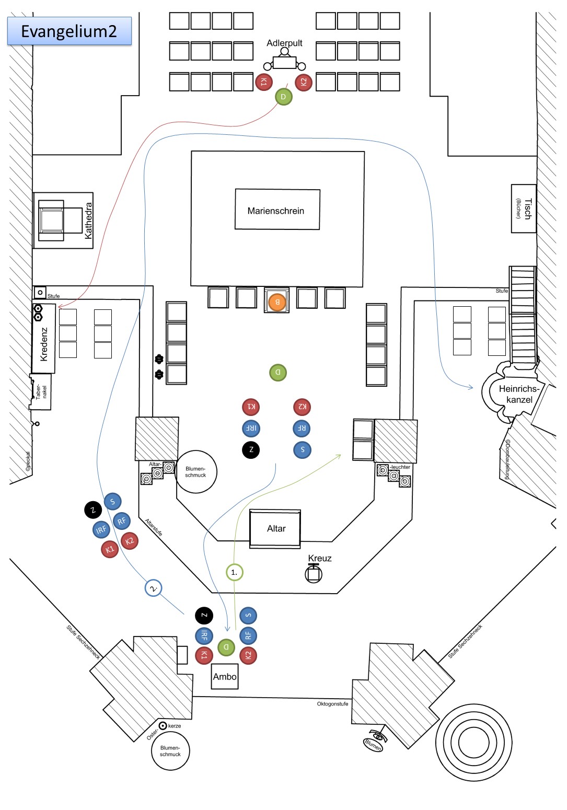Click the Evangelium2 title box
(x=69, y=31)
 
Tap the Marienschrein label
(x=276, y=211)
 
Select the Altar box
(x=276, y=529)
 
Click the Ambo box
(x=225, y=677)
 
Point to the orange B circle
(x=277, y=302)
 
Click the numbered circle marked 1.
(x=234, y=572)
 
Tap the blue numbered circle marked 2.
(x=153, y=588)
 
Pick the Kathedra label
(x=88, y=221)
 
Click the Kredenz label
(x=44, y=344)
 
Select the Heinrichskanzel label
(x=519, y=394)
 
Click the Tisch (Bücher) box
(x=523, y=209)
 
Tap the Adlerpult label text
(x=284, y=43)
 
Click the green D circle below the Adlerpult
(x=283, y=97)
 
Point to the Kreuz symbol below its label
(x=314, y=574)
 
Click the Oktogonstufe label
(x=332, y=704)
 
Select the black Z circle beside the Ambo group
(x=204, y=616)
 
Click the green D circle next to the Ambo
(x=226, y=647)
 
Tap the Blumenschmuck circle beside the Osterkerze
(x=170, y=751)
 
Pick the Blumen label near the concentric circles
(x=373, y=744)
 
